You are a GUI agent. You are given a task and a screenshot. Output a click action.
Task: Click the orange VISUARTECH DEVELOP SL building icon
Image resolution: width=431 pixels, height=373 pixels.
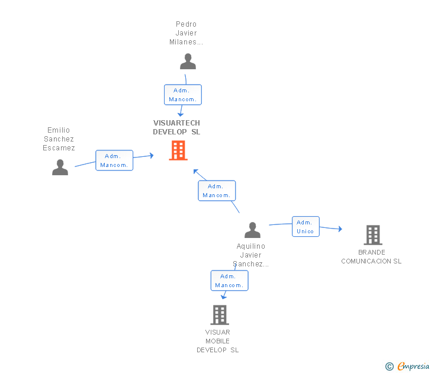pyautogui.click(x=178, y=150)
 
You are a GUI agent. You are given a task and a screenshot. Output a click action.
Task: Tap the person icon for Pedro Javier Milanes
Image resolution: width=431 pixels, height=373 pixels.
pyautogui.click(x=188, y=62)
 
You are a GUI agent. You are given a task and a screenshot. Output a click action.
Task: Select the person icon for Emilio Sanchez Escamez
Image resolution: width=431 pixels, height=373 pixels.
pyautogui.click(x=60, y=168)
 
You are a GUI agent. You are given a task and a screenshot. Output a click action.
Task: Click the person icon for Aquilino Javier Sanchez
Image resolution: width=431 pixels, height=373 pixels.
pyautogui.click(x=253, y=230)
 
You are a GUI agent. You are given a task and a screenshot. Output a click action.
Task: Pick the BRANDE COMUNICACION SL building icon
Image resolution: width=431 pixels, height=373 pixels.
pyautogui.click(x=373, y=235)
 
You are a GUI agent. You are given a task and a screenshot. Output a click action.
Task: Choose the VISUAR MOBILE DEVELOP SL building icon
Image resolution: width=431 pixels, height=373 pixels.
pyautogui.click(x=220, y=315)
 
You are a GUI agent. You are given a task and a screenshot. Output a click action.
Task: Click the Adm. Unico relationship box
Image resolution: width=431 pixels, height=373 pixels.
pyautogui.click(x=305, y=226)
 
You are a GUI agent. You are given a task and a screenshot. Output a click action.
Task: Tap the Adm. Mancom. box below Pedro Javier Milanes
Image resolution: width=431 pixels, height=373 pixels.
pyautogui.click(x=183, y=95)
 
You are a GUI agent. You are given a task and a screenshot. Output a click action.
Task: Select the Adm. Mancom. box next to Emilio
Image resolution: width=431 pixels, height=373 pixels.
pyautogui.click(x=114, y=160)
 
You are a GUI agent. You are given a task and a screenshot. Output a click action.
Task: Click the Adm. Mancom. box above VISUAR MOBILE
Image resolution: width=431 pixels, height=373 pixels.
pyautogui.click(x=229, y=281)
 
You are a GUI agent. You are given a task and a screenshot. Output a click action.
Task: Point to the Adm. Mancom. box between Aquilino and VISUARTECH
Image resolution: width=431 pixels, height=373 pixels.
pyautogui.click(x=217, y=191)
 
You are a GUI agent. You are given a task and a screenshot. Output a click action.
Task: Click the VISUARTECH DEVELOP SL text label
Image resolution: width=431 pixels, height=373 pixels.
pyautogui.click(x=176, y=127)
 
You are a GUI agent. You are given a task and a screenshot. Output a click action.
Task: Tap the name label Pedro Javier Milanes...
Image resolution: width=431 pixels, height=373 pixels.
pyautogui.click(x=186, y=33)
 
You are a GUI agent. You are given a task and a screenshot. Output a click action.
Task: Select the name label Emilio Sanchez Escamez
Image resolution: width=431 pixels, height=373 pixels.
pyautogui.click(x=59, y=139)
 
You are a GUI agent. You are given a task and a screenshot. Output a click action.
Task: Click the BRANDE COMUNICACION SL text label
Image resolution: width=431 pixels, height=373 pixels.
pyautogui.click(x=371, y=256)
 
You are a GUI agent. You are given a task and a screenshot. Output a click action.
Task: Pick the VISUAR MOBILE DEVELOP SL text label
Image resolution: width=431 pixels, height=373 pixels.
pyautogui.click(x=218, y=341)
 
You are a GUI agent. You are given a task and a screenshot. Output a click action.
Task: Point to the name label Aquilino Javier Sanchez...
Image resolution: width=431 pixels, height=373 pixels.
pyautogui.click(x=251, y=255)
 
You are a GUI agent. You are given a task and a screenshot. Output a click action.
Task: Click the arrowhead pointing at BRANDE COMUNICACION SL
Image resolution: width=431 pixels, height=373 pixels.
pyautogui.click(x=339, y=229)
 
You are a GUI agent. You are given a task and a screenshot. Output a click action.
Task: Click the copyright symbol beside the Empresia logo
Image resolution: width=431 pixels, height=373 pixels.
pyautogui.click(x=390, y=366)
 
